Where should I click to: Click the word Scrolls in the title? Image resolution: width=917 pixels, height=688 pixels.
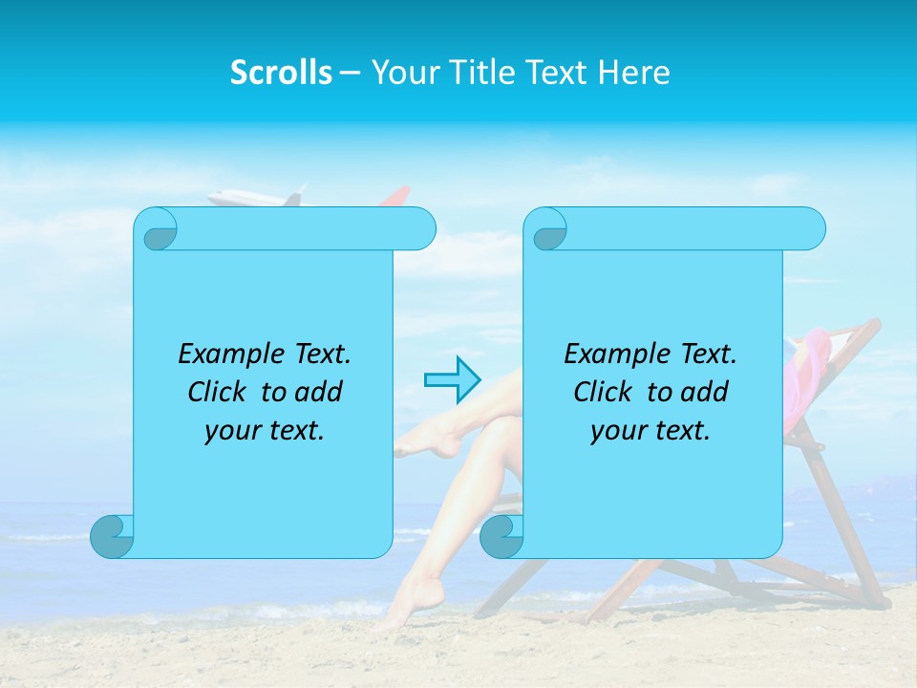click(x=281, y=73)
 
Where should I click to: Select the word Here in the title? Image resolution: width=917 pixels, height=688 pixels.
click(x=634, y=73)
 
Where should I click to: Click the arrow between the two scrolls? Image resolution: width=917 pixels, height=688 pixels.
click(x=452, y=379)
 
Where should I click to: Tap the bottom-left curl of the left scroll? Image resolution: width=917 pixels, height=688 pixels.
click(x=112, y=537)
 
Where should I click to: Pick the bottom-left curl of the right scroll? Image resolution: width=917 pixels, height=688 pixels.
click(x=501, y=537)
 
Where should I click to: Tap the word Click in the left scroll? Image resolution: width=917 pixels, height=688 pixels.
click(x=221, y=393)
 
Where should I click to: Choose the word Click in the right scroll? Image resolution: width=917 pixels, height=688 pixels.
click(x=606, y=393)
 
